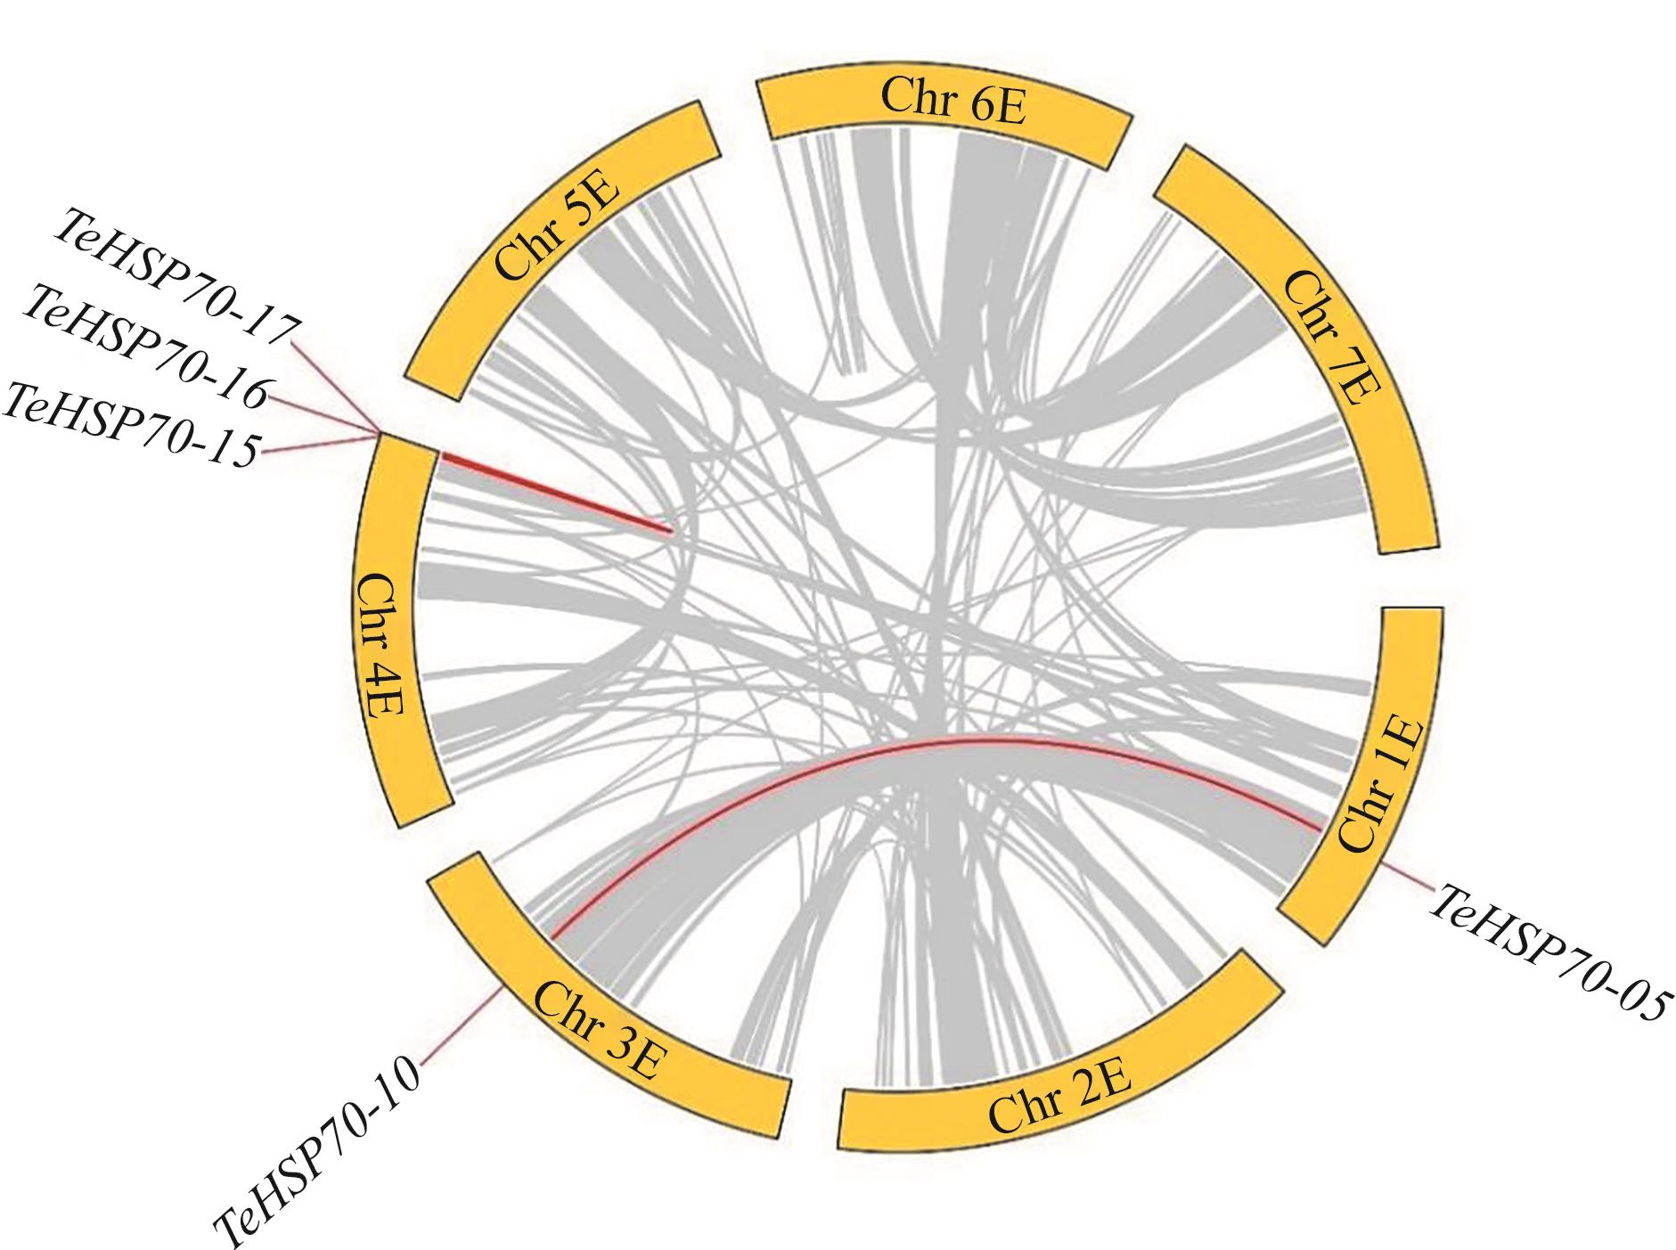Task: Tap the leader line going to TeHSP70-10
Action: click(459, 1025)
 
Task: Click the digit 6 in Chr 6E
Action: click(980, 102)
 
